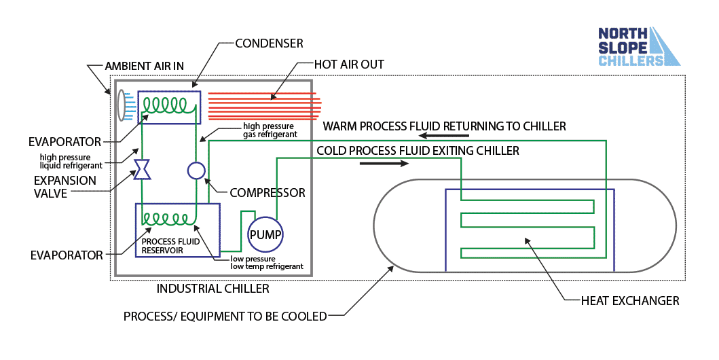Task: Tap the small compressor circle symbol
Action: [196, 170]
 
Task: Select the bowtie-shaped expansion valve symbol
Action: [143, 170]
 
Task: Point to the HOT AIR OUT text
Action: [349, 65]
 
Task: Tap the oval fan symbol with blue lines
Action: [123, 105]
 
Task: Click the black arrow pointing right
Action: [384, 164]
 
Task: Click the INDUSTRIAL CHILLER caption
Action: [213, 289]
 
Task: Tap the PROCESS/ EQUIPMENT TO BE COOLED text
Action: [225, 317]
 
